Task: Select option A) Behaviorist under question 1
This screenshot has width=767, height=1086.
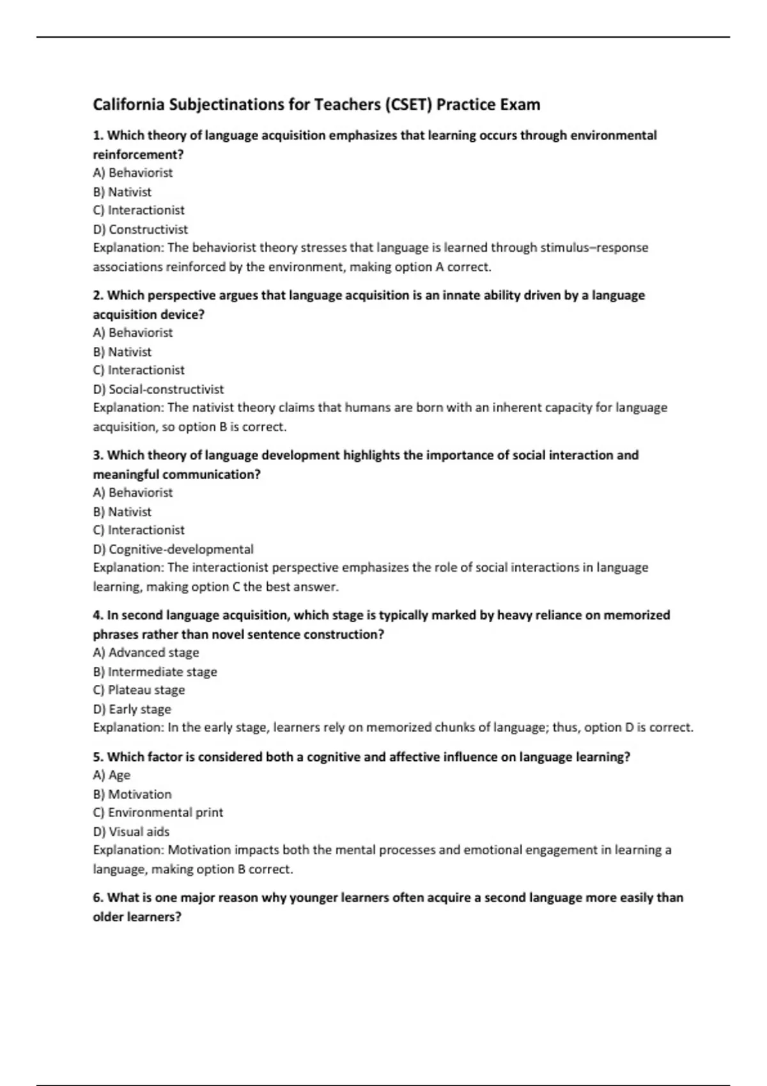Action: [133, 172]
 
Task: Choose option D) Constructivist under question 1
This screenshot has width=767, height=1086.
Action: [141, 229]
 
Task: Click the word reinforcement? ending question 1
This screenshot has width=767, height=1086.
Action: [138, 155]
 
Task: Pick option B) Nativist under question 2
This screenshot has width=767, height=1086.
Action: [122, 352]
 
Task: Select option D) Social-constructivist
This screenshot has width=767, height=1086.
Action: [159, 389]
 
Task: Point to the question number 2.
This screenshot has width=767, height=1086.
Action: [98, 295]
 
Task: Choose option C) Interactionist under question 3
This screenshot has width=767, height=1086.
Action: [139, 530]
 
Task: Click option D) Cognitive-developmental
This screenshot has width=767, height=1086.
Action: [173, 549]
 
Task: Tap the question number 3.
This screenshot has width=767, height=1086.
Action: [98, 455]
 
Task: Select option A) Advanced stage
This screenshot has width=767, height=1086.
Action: [146, 653]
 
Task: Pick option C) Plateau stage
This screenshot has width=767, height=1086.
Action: [139, 690]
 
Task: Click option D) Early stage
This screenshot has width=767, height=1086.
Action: [132, 709]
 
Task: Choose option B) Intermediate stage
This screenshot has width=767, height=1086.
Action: [155, 672]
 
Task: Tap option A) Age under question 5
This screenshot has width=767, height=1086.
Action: [112, 775]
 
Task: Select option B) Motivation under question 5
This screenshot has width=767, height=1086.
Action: [132, 794]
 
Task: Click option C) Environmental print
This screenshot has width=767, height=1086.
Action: [158, 813]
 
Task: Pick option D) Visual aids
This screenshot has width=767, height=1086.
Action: [131, 832]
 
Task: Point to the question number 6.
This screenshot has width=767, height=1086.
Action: [98, 898]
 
